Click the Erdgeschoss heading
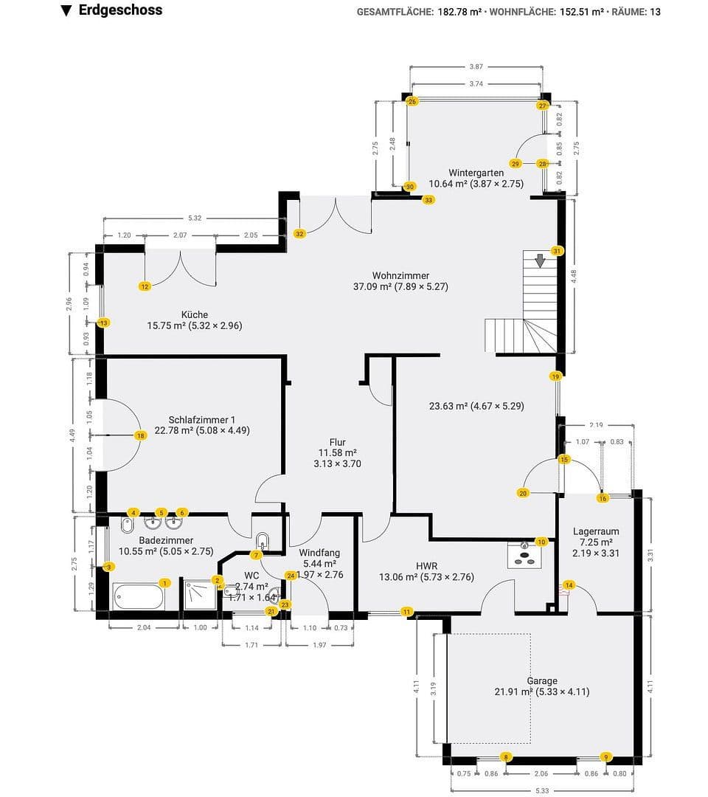click(x=119, y=10)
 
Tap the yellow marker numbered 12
click(x=145, y=286)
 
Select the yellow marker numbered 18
click(x=140, y=435)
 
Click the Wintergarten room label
click(x=476, y=173)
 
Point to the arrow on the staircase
click(x=540, y=261)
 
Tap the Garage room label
click(x=541, y=680)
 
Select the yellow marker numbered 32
click(x=299, y=233)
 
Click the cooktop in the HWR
click(x=524, y=554)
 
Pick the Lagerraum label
click(x=595, y=531)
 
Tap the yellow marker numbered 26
click(x=412, y=101)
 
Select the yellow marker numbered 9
click(x=606, y=756)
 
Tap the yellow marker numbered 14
click(x=569, y=585)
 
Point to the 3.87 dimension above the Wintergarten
click(x=476, y=66)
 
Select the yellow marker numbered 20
click(x=523, y=493)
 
